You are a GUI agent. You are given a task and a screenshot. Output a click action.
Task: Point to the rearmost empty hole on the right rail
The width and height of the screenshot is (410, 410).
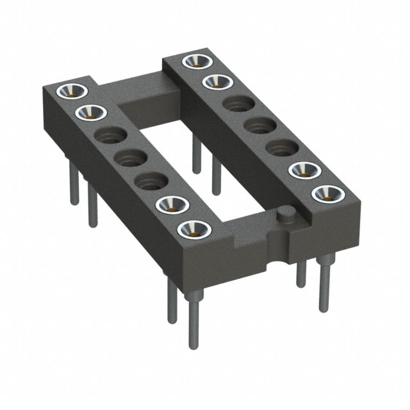click(236, 104)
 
